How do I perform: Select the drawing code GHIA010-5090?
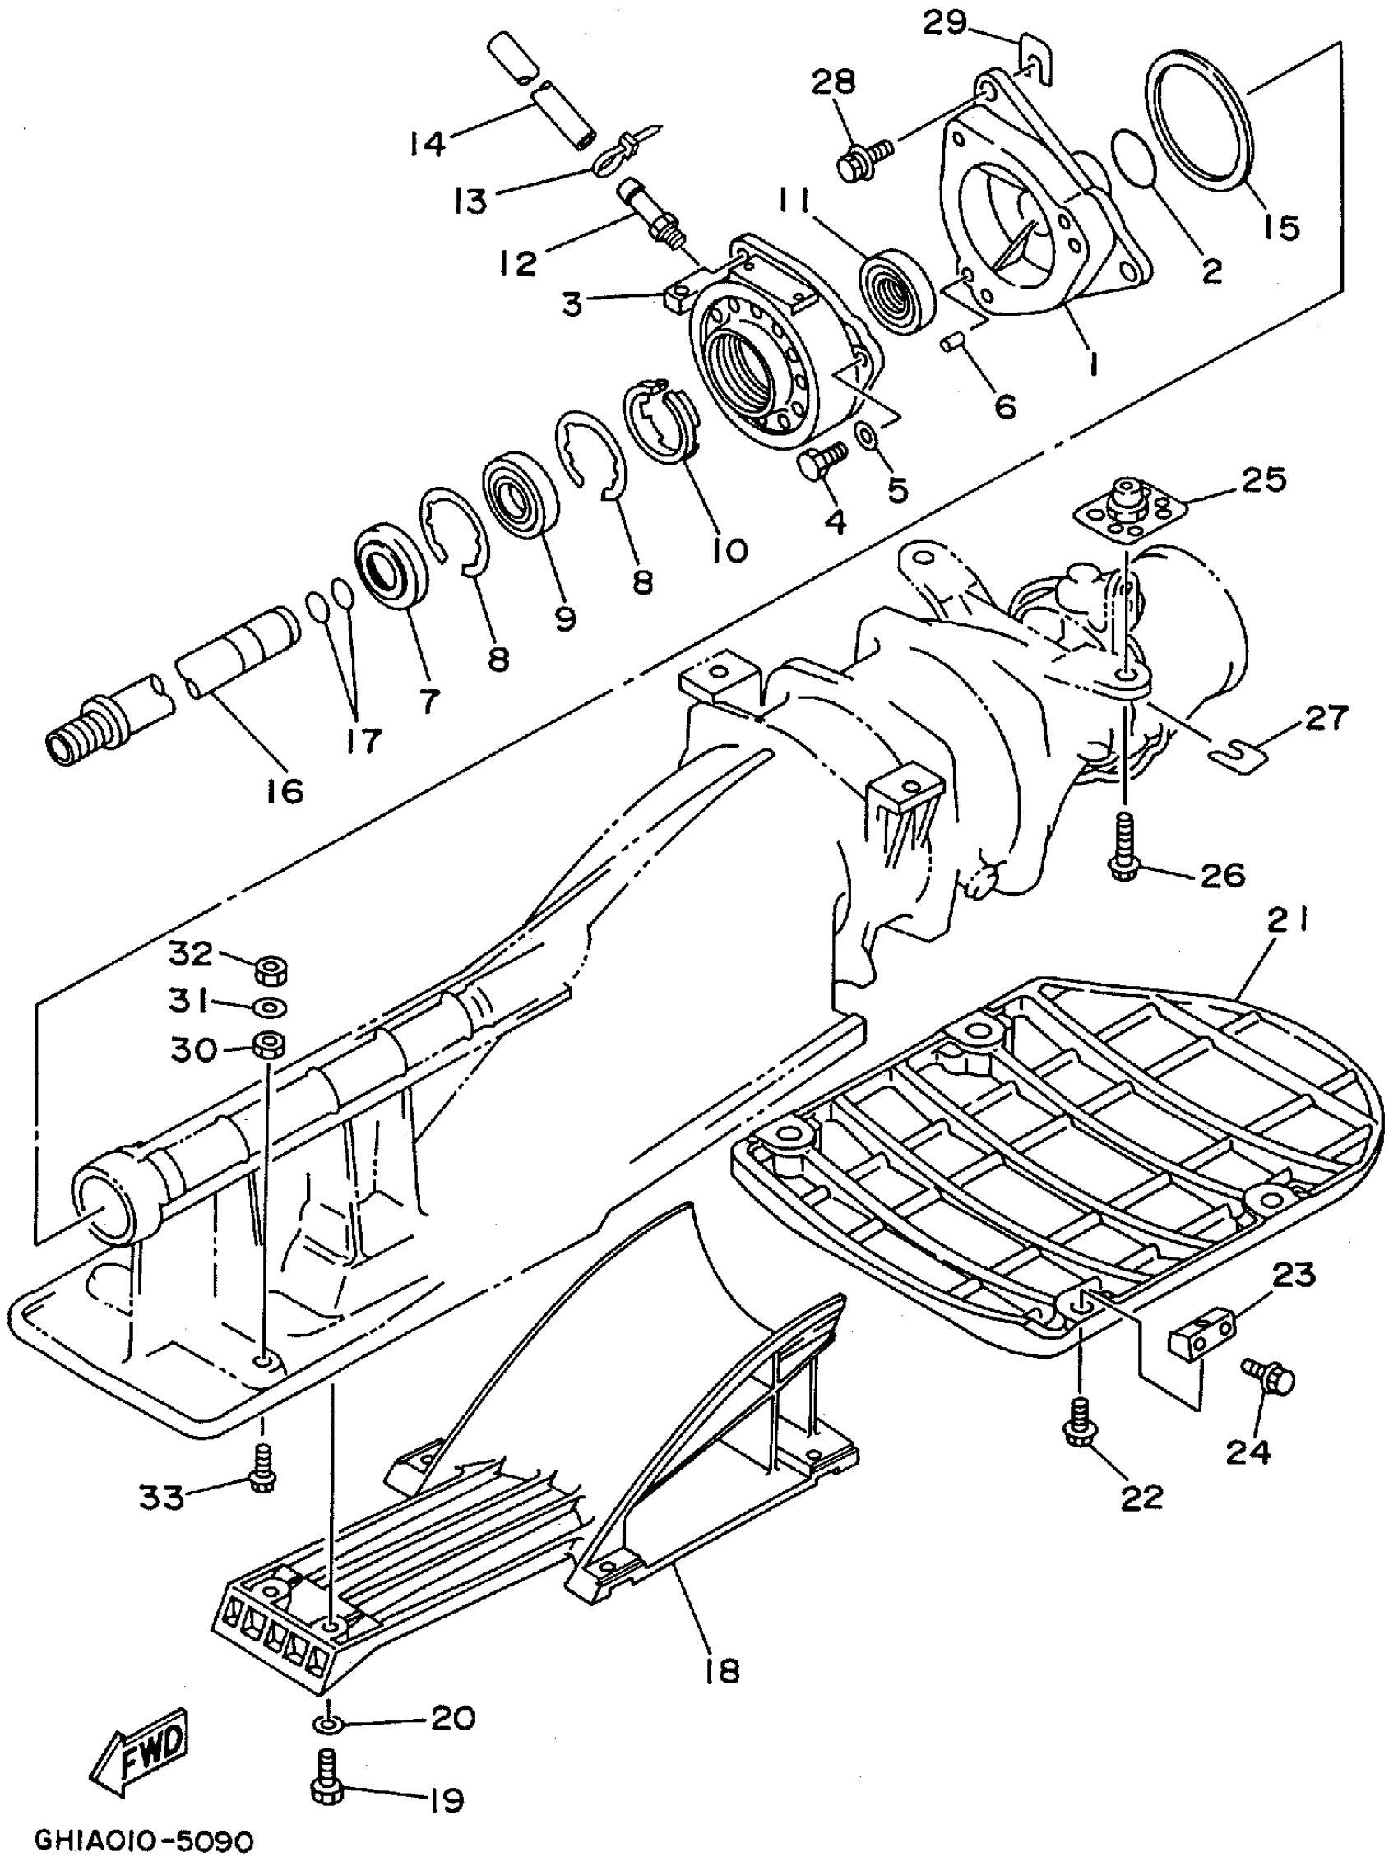[143, 1839]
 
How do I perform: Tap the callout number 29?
[944, 23]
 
